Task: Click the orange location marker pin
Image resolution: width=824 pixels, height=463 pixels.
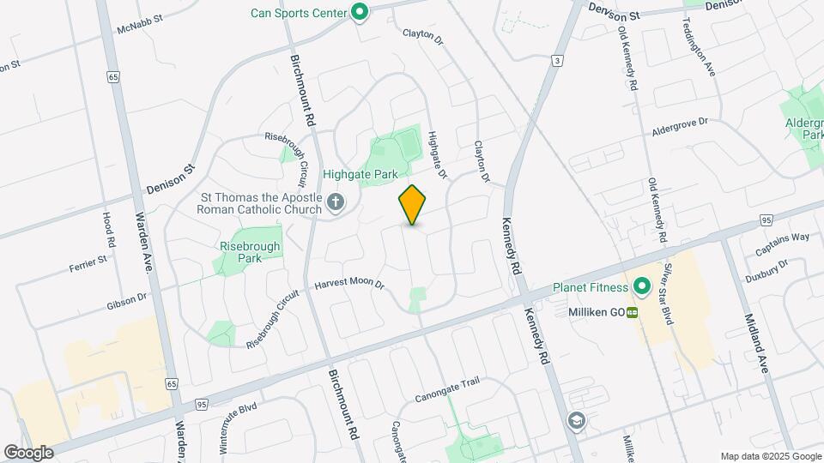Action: coord(413,205)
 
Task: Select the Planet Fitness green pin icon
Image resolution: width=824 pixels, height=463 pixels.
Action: coord(640,286)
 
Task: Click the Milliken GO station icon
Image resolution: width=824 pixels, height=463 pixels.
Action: coord(633,313)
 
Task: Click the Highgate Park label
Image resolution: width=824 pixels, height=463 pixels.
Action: coord(360,174)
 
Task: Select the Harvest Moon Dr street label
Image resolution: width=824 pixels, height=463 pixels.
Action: coord(348,284)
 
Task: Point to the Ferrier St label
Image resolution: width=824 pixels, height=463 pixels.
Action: coord(88,263)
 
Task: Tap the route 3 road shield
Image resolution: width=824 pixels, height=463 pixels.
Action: coord(558,60)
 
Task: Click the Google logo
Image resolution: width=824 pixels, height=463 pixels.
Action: coord(28,452)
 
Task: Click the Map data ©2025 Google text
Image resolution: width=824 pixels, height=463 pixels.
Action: coord(770,456)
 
